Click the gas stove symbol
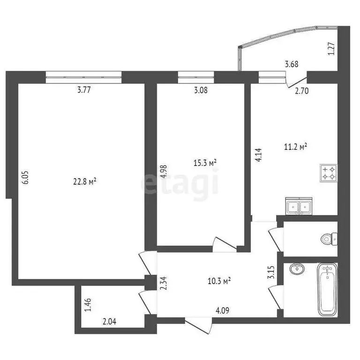[x=328, y=172]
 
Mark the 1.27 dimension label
[x=331, y=49]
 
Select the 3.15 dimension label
[x=270, y=272]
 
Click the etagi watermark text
[x=180, y=183]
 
